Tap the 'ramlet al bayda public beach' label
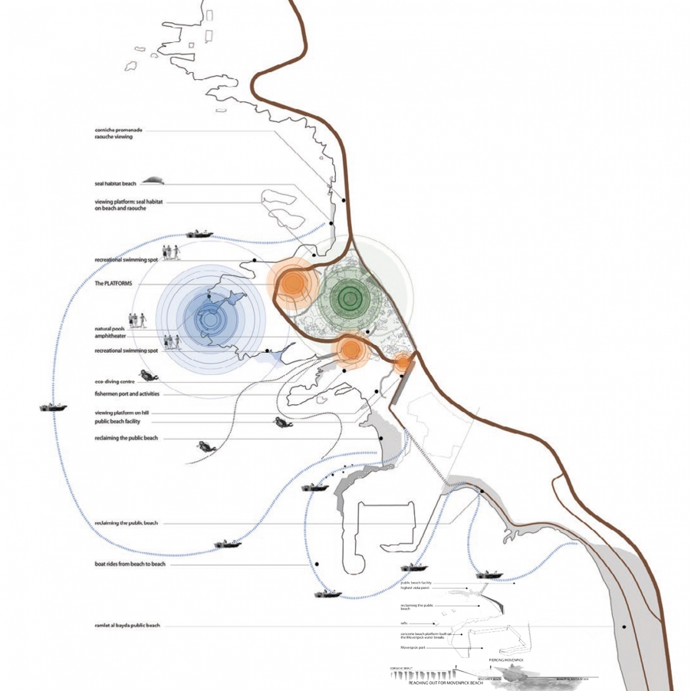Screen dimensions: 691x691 click(127, 627)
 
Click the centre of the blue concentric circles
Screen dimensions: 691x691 click(209, 315)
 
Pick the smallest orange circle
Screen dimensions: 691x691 click(403, 362)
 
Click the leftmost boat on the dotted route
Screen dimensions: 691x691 click(53, 407)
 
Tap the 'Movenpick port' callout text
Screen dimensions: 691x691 click(413, 648)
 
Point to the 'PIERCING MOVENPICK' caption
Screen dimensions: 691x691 click(505, 660)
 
